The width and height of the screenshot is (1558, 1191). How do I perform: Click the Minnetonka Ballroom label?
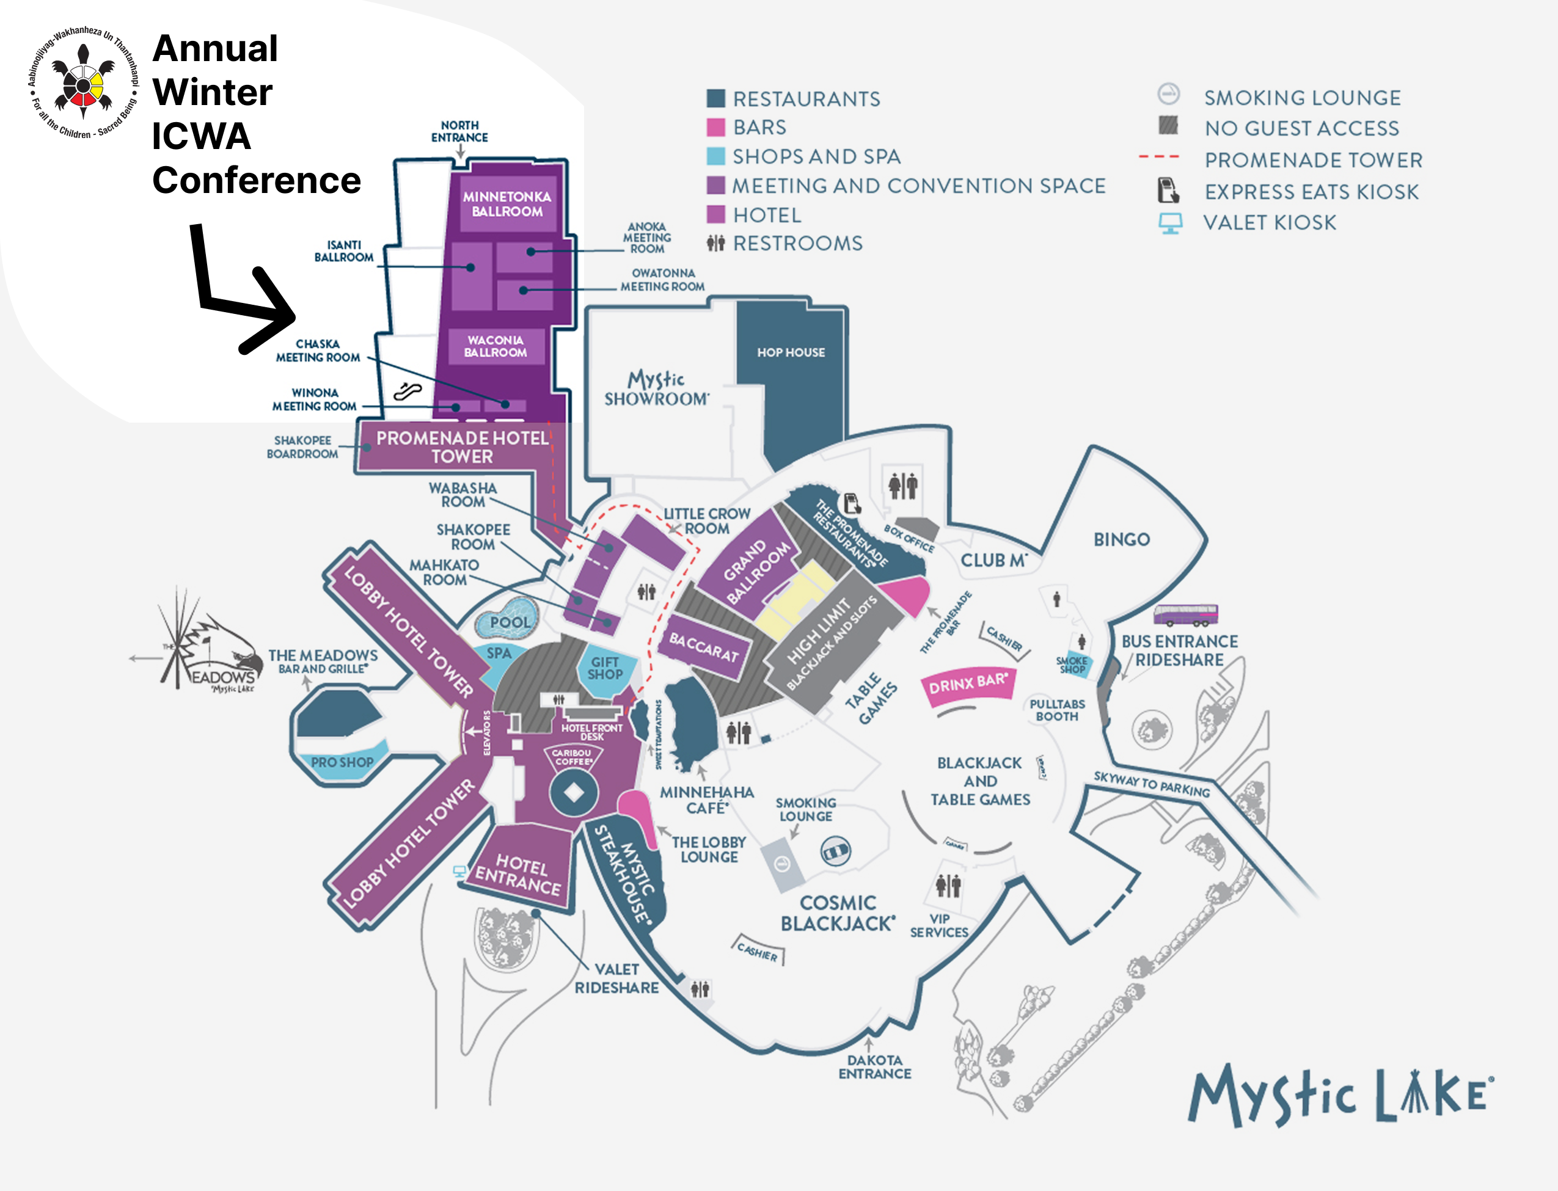point(507,204)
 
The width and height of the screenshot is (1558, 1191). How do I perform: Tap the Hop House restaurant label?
point(791,352)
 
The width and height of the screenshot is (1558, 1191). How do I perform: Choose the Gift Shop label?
point(605,668)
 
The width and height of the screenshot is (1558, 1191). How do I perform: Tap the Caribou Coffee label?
point(572,757)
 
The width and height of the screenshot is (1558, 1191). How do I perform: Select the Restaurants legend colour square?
point(715,98)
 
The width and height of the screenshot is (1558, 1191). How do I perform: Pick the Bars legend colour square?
point(715,128)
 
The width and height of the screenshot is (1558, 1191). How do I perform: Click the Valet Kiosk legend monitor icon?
point(1170,222)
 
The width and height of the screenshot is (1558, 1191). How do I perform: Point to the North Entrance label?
point(459,131)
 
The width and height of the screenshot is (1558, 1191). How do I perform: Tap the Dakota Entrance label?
point(874,1067)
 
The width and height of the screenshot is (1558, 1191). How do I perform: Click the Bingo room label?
point(1121,539)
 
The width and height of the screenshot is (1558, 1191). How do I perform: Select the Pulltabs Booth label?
point(1056,710)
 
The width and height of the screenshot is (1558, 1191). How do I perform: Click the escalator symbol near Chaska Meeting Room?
point(408,391)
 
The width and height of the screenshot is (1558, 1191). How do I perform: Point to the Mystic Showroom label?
point(656,388)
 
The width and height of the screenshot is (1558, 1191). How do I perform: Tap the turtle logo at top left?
point(83,82)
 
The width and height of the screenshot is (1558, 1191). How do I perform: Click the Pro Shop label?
point(342,762)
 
